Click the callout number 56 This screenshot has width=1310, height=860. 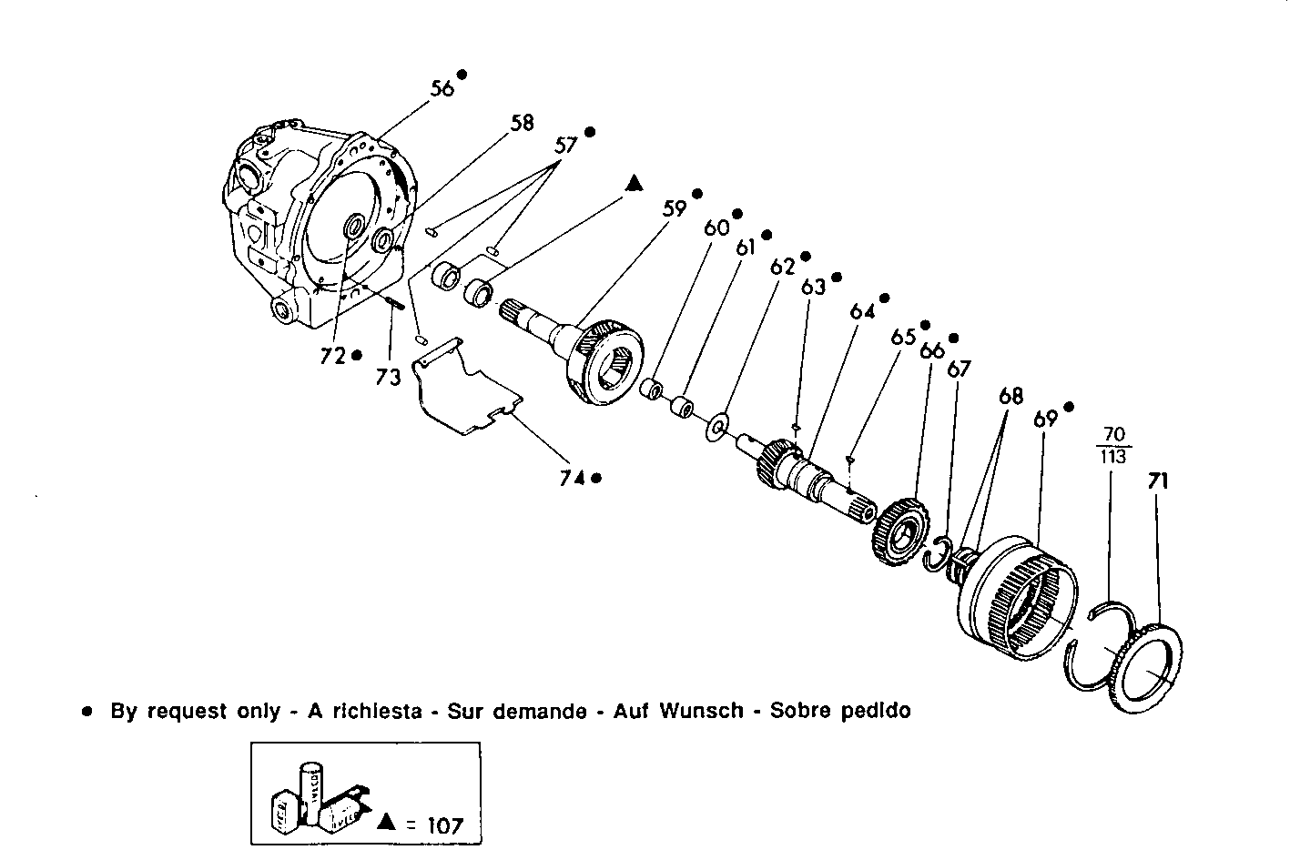[x=442, y=88]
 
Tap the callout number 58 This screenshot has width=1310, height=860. [x=522, y=123]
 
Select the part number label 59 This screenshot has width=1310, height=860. [x=674, y=208]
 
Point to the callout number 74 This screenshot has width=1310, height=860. [x=572, y=478]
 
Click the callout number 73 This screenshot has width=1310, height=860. [x=388, y=377]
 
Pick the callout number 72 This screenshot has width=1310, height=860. [x=333, y=356]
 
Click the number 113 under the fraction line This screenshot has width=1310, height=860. [x=1112, y=457]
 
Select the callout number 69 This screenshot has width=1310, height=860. [x=1045, y=419]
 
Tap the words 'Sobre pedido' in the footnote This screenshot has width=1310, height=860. [x=839, y=711]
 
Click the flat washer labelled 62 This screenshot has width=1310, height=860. [x=718, y=425]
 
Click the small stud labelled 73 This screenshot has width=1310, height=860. [x=396, y=303]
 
